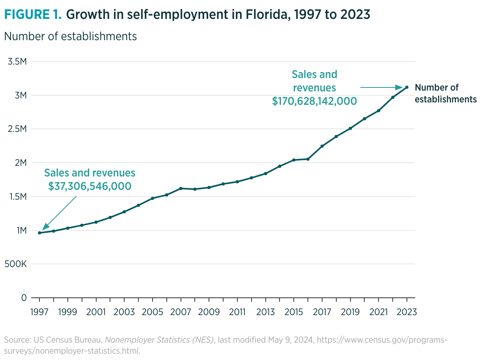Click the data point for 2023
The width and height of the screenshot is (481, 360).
407,87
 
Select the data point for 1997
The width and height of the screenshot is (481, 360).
39,233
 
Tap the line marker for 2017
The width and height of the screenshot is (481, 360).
322,146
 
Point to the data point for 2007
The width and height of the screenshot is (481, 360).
181,188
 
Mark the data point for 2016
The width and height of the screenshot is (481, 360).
308,159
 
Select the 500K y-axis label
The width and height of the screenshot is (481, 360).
16,264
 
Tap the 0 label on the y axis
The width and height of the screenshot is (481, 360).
24,298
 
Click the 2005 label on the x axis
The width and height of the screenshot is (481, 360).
152,312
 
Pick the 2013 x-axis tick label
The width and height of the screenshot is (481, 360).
265,312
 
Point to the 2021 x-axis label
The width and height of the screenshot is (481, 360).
378,312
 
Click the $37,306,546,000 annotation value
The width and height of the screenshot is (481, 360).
90,186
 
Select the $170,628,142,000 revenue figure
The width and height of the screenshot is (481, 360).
314,101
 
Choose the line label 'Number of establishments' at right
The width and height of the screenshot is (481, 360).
446,93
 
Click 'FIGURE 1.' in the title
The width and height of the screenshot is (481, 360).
33,15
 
